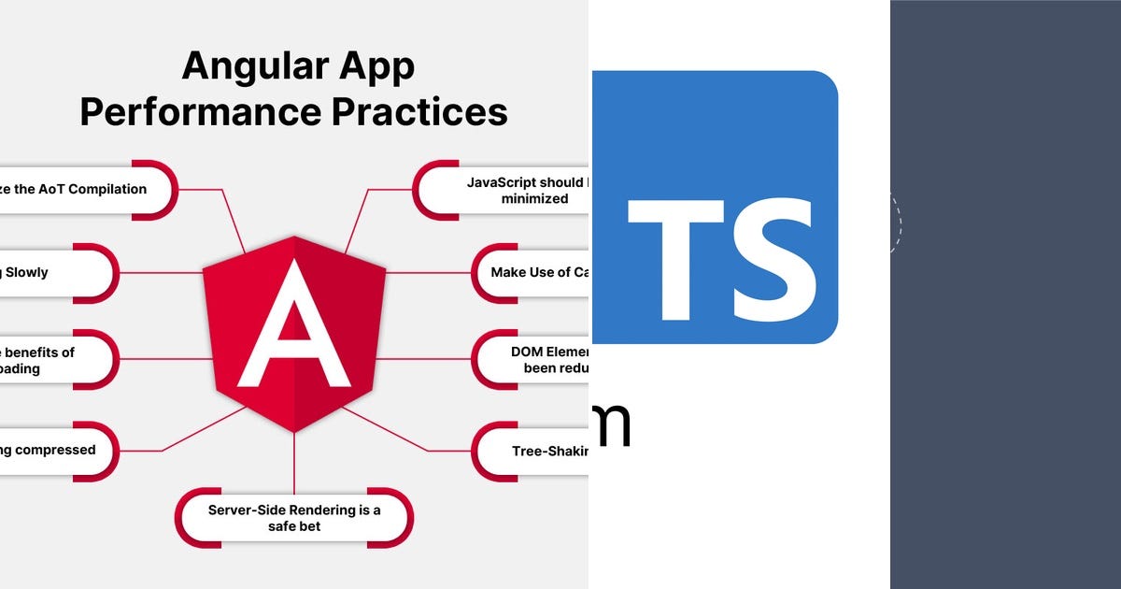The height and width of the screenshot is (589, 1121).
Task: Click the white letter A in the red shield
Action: click(293, 327)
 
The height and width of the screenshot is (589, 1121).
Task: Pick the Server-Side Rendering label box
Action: click(293, 518)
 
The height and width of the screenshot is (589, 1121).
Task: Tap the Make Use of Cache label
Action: click(537, 272)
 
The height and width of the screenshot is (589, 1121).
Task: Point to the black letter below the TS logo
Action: click(612, 424)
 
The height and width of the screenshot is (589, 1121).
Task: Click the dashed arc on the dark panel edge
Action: click(898, 223)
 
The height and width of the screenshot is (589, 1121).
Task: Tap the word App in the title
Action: click(375, 66)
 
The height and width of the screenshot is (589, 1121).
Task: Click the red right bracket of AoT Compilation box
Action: click(162, 190)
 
